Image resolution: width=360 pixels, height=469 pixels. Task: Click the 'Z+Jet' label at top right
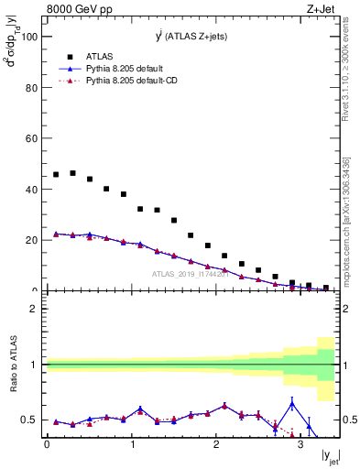click(322, 8)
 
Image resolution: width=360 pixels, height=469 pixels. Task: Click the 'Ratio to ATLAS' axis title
click(12, 392)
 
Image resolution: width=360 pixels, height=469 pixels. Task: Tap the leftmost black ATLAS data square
click(56, 174)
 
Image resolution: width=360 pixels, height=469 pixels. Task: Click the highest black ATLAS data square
click(72, 172)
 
